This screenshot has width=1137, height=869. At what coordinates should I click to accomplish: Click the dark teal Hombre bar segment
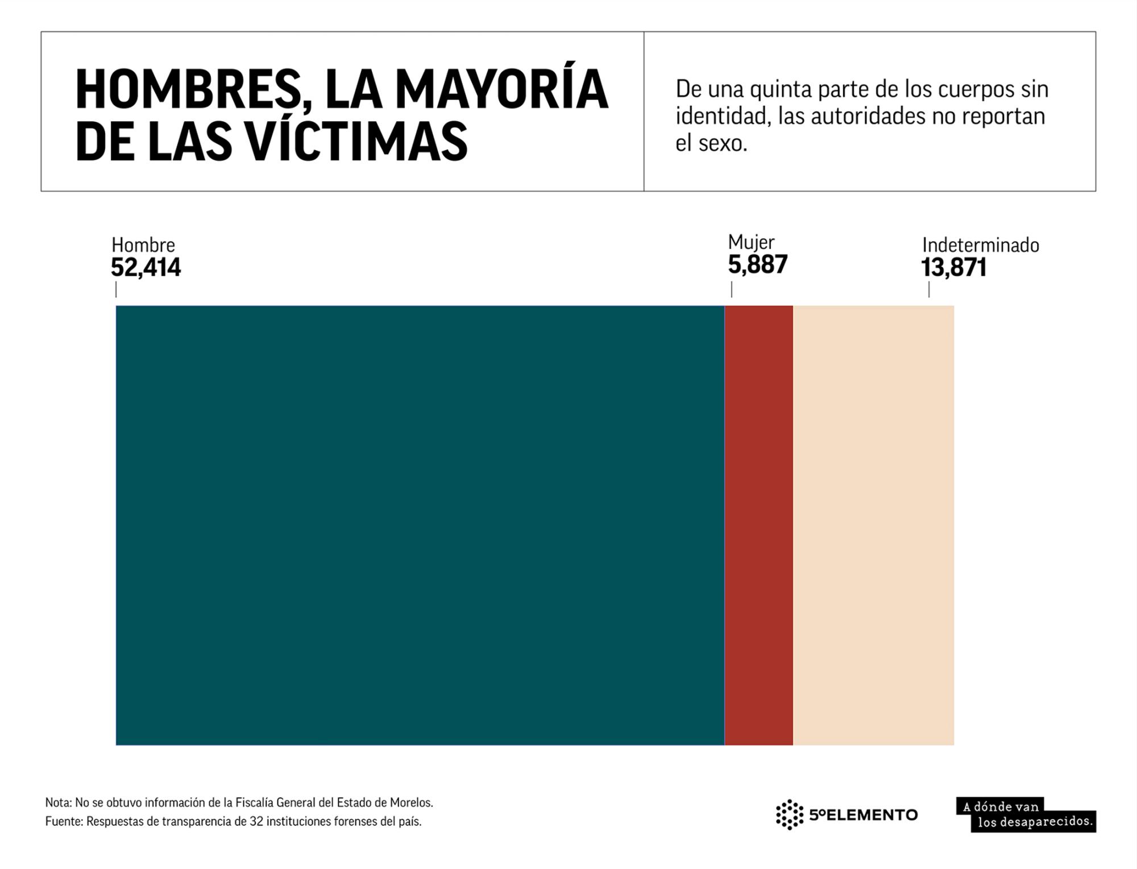pyautogui.click(x=420, y=525)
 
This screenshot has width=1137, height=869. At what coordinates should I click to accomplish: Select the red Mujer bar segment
pyautogui.click(x=758, y=525)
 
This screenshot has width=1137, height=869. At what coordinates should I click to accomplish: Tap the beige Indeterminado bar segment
pyautogui.click(x=873, y=525)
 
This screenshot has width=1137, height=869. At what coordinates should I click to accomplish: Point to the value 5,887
pyautogui.click(x=758, y=265)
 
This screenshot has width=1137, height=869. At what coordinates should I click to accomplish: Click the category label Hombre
pyautogui.click(x=143, y=245)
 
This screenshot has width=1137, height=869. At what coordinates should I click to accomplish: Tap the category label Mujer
pyautogui.click(x=751, y=242)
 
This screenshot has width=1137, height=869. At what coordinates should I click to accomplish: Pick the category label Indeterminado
pyautogui.click(x=980, y=245)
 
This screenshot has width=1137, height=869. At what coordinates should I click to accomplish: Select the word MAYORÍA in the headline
pyautogui.click(x=501, y=89)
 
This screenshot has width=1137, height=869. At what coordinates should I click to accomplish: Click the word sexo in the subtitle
pyautogui.click(x=722, y=143)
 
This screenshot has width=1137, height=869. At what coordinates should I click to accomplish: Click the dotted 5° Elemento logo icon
pyautogui.click(x=790, y=814)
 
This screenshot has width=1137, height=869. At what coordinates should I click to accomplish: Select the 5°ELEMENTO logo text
pyautogui.click(x=863, y=815)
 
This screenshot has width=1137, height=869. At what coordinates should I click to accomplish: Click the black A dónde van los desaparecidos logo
pyautogui.click(x=1026, y=814)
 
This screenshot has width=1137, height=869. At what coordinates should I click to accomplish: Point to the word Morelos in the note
pyautogui.click(x=411, y=802)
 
